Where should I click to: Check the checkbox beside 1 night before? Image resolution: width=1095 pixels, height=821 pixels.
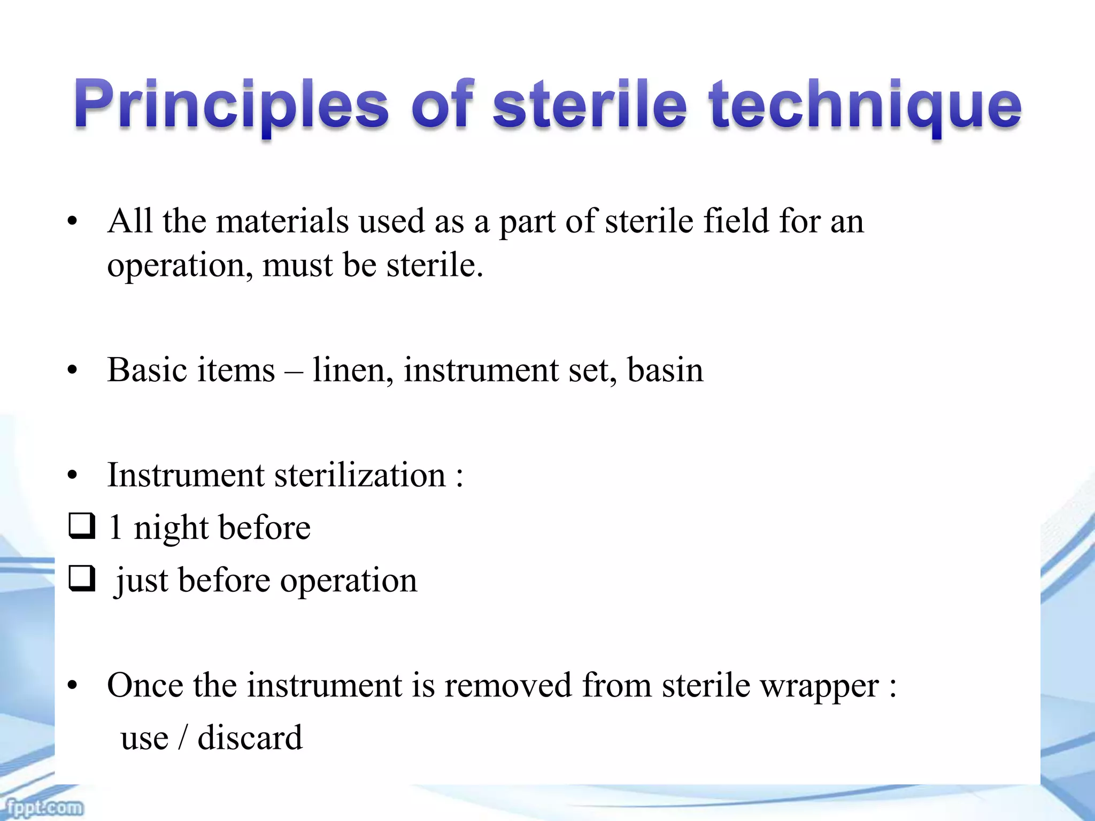click(82, 526)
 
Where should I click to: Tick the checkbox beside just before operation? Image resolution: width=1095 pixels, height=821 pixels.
click(82, 579)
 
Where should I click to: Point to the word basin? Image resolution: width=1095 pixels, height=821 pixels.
click(665, 369)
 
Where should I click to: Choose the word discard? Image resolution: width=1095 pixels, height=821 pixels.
click(250, 738)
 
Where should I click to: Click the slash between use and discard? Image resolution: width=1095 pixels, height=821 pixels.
click(183, 738)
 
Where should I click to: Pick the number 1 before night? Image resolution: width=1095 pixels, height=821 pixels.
click(115, 528)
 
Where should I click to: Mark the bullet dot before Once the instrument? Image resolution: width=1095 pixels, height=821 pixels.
click(73, 686)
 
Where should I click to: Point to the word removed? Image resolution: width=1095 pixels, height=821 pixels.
click(507, 686)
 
